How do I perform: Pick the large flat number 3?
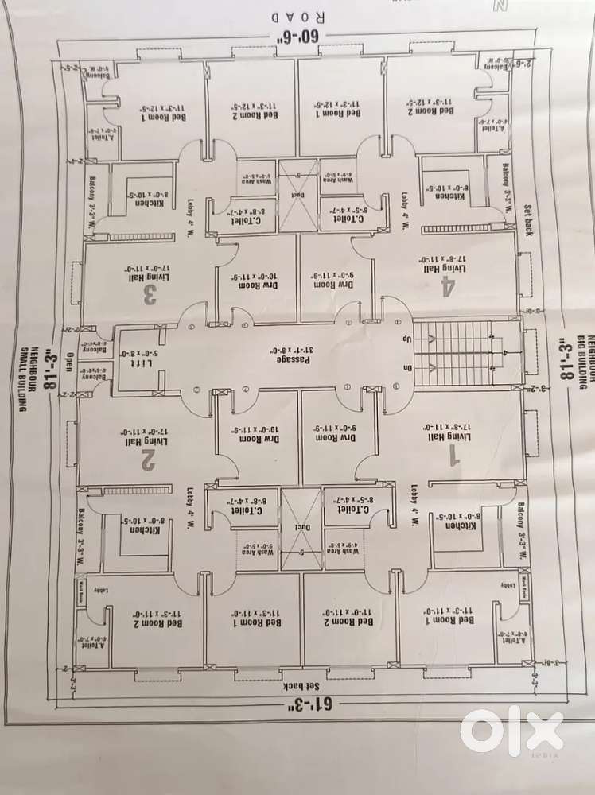click(x=149, y=296)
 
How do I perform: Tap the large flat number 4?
click(x=448, y=288)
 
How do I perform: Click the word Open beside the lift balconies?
click(x=70, y=362)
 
